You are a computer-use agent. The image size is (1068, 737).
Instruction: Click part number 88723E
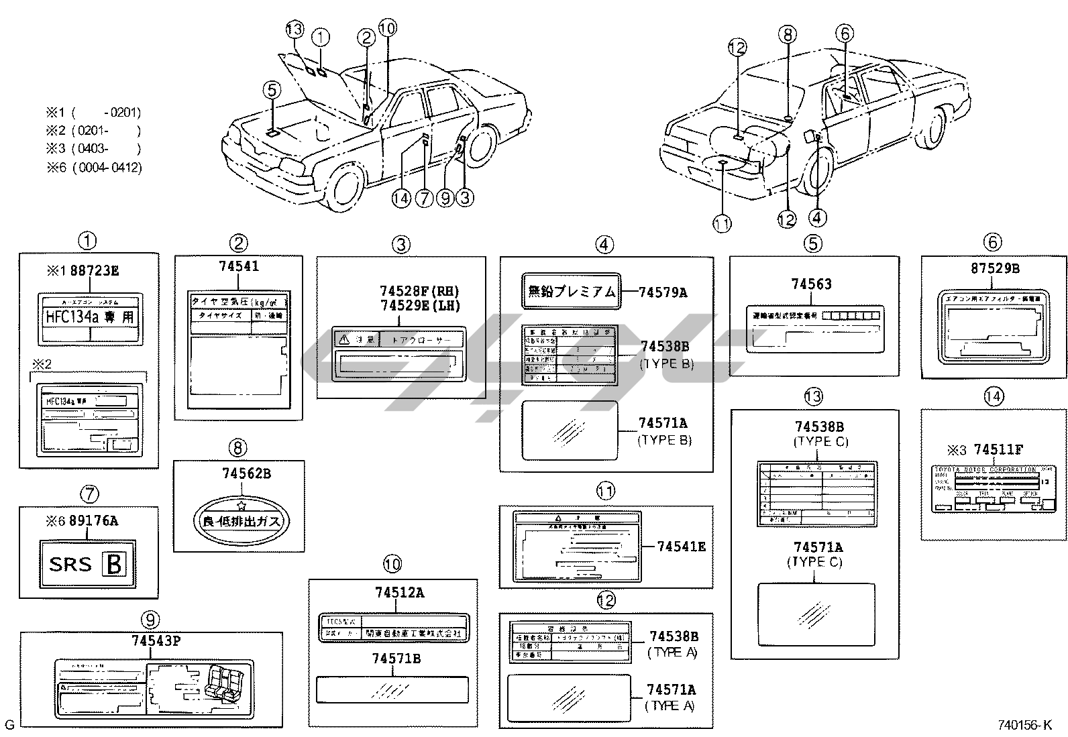[x=95, y=271]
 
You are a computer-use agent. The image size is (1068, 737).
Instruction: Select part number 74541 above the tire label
[x=239, y=266]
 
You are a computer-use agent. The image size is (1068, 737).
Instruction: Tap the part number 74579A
[x=663, y=292]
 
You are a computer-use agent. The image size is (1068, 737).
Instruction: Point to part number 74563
[x=811, y=284]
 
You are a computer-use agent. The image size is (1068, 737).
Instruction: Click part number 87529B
[x=995, y=268]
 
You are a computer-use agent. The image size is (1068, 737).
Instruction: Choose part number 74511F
[x=998, y=450]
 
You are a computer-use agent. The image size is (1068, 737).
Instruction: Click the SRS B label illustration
[x=88, y=563]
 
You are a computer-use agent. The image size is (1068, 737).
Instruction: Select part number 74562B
[x=246, y=474]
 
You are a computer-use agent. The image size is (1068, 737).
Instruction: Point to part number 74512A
[x=400, y=593]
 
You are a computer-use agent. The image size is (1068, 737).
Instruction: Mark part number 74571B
[x=396, y=659]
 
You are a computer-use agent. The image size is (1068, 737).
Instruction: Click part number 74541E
[x=681, y=547]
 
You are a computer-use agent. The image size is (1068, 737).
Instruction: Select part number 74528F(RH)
[x=421, y=291]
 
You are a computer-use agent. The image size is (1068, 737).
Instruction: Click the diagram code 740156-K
[x=1025, y=725]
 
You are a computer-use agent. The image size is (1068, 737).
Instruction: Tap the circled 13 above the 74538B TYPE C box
[x=812, y=396]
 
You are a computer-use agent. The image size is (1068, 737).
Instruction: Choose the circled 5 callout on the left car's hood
[x=271, y=89]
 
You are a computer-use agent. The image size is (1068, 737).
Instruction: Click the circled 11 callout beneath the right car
[x=723, y=224]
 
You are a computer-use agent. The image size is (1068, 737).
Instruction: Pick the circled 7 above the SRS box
[x=89, y=495]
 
